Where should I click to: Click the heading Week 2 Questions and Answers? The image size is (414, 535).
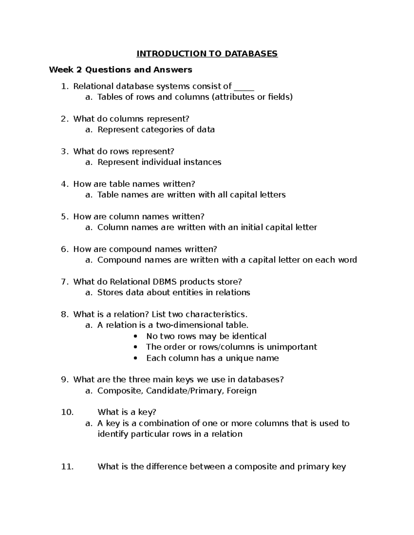pos(120,70)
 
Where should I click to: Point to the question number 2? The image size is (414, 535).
pos(64,119)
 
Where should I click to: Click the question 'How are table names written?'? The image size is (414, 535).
pos(134,184)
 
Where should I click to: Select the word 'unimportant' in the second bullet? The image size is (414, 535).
pos(292,347)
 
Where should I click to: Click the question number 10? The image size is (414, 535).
pos(67,412)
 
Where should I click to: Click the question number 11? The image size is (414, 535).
pos(67,467)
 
